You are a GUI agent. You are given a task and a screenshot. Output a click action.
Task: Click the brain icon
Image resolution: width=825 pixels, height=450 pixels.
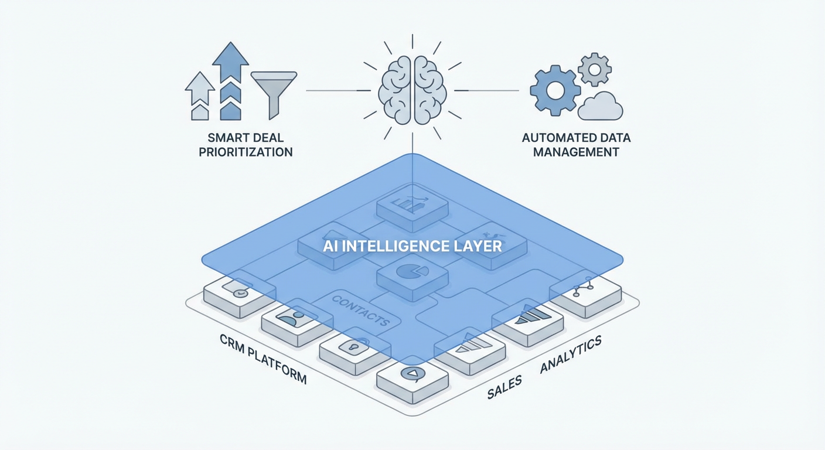412,90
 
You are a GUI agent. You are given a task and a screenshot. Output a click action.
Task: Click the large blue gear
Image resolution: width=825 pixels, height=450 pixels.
554,90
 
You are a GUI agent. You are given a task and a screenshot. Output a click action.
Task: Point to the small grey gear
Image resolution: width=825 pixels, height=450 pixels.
595,69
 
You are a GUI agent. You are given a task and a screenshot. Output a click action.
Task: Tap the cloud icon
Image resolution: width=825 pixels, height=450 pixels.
601,106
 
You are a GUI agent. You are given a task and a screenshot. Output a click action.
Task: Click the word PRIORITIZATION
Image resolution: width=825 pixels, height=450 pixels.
246,152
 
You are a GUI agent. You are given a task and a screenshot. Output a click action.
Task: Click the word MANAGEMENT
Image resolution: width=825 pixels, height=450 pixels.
577,152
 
